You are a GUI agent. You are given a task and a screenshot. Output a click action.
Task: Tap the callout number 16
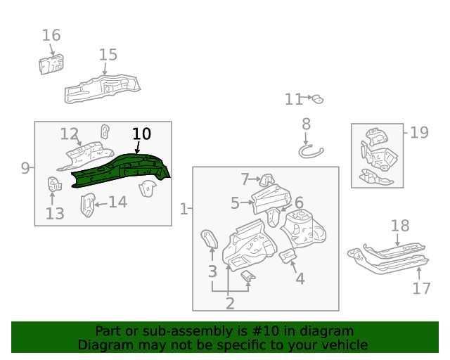pyautogui.click(x=51, y=35)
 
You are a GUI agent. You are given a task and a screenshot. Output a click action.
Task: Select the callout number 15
pyautogui.click(x=108, y=55)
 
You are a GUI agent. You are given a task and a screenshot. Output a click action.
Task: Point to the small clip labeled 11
pyautogui.click(x=317, y=99)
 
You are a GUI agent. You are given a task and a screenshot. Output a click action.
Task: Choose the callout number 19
pyautogui.click(x=419, y=132)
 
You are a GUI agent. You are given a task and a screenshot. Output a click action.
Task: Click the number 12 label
pyautogui.click(x=69, y=134)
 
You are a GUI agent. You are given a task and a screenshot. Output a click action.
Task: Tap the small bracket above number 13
pyautogui.click(x=53, y=185)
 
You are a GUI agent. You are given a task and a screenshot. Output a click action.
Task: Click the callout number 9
pyautogui.click(x=25, y=168)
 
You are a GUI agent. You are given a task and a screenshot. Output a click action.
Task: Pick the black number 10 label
pyautogui.click(x=141, y=134)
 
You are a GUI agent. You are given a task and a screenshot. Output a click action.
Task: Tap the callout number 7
pyautogui.click(x=245, y=179)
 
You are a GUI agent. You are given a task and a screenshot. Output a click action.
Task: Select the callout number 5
pyautogui.click(x=235, y=203)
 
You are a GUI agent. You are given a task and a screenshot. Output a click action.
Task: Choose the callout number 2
pyautogui.click(x=229, y=303)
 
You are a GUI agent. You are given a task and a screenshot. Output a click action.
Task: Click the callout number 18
pyautogui.click(x=400, y=226)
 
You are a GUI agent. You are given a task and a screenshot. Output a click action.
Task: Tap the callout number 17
pyautogui.click(x=421, y=288)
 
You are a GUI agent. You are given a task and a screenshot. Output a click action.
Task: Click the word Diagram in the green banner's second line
pyautogui.click(x=105, y=345)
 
